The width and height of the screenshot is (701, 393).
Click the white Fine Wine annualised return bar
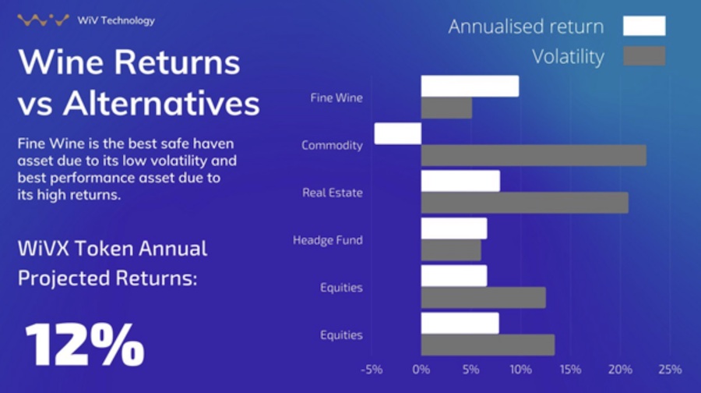470,86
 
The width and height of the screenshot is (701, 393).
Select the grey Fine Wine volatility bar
446,108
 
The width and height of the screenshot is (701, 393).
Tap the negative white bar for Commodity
398,133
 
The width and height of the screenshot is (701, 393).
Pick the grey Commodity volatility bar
534,155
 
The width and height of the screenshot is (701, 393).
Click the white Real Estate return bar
460,181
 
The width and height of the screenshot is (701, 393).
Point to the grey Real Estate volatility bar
525,203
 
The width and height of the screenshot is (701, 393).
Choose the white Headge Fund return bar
454,228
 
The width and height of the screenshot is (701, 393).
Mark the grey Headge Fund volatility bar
451,250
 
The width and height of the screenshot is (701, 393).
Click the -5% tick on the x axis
372,370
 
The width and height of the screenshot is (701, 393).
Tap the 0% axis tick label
421,370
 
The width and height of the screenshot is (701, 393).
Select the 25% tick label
670,370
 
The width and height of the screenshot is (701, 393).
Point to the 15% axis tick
570,370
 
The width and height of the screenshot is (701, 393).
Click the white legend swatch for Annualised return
644,26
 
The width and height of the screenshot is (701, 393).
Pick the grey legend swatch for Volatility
644,56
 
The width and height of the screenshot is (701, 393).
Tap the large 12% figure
85,345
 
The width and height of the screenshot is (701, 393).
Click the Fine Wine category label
336,97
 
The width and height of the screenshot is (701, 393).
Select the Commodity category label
332,146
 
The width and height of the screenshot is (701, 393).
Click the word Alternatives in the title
161,103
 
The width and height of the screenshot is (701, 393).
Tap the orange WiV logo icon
44,19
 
